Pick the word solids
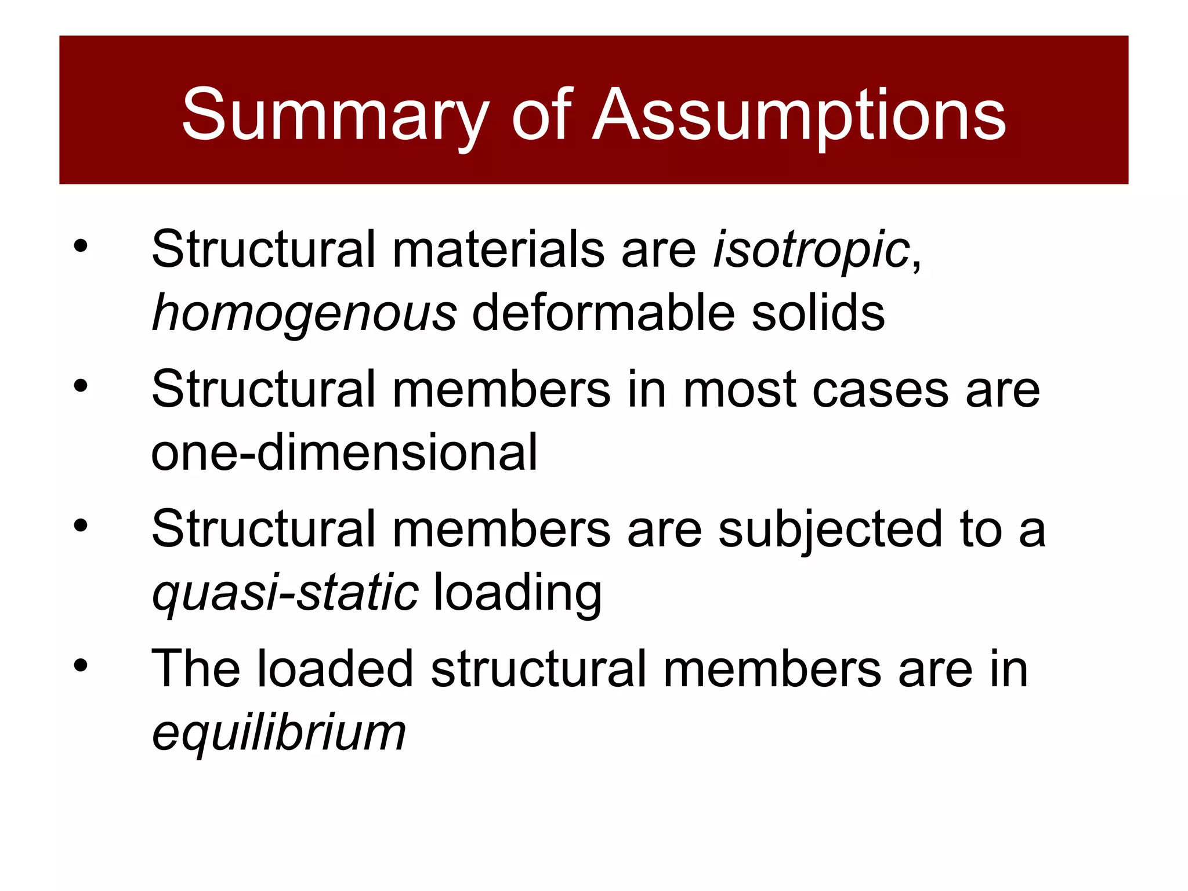coord(818,313)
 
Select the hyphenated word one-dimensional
coord(344,452)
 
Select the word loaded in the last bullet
coord(335,669)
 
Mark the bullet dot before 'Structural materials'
coord(81,246)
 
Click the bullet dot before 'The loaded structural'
coord(81,665)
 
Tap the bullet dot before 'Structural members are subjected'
coord(81,526)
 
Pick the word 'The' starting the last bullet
coord(195,669)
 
